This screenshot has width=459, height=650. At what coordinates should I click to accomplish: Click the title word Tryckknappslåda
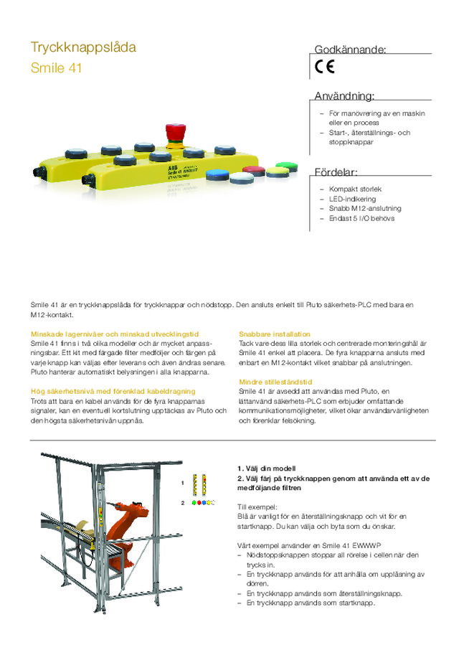click(x=83, y=48)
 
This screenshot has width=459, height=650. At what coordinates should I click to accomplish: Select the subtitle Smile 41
click(x=56, y=70)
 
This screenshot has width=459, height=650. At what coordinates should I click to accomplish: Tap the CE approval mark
click(x=323, y=68)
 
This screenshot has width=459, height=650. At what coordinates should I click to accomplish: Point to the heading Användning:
click(x=344, y=96)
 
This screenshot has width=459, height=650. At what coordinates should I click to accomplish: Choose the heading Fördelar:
click(x=336, y=172)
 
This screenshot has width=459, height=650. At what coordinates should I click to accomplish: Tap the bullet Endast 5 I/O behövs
click(x=361, y=218)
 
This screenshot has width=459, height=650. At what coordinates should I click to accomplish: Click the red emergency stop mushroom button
click(x=176, y=132)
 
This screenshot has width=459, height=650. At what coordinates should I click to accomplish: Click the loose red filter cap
click(x=253, y=171)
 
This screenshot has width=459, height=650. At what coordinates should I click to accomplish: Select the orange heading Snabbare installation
click(x=275, y=334)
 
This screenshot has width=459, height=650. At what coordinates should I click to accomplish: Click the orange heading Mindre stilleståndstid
click(x=277, y=382)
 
